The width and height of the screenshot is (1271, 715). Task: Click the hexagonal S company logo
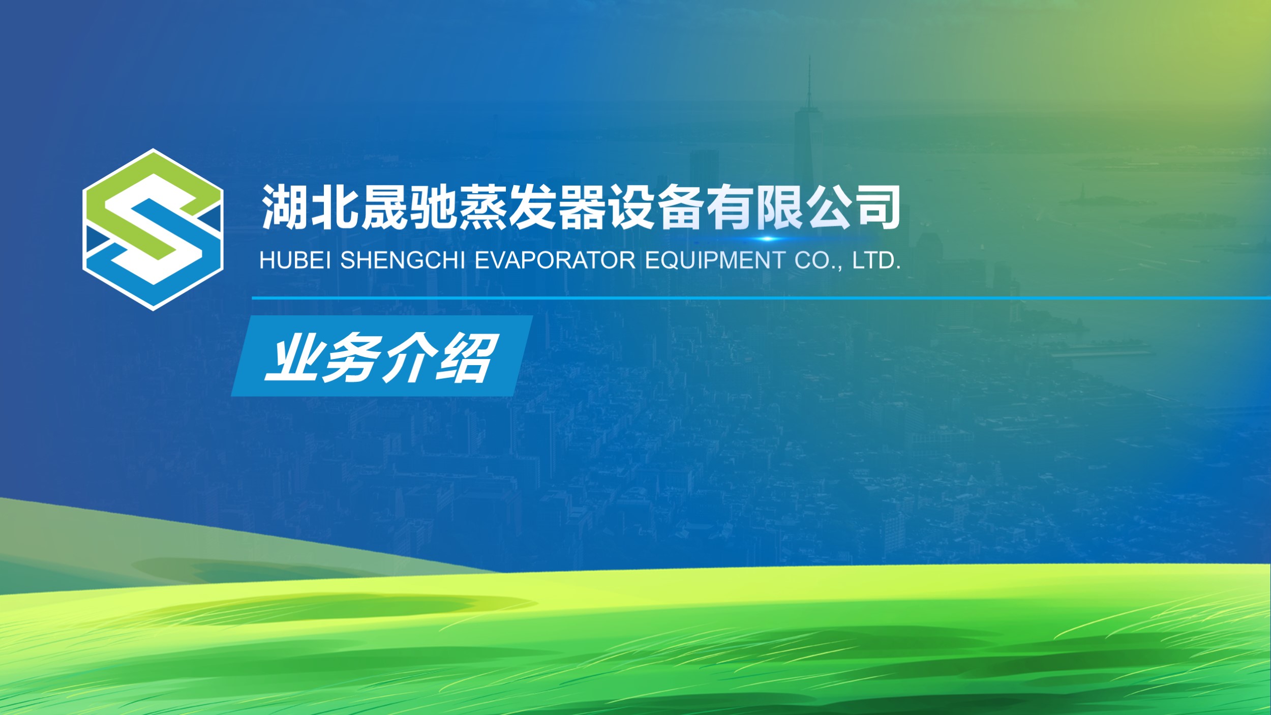click(153, 229)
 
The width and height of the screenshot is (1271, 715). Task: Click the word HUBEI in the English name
click(295, 260)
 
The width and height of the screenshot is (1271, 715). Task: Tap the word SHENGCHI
click(403, 260)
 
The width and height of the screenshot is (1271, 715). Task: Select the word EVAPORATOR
click(555, 260)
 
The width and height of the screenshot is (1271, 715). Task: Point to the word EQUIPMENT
click(715, 260)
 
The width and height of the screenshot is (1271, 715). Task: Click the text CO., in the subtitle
click(818, 261)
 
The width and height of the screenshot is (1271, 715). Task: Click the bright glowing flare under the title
click(768, 239)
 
